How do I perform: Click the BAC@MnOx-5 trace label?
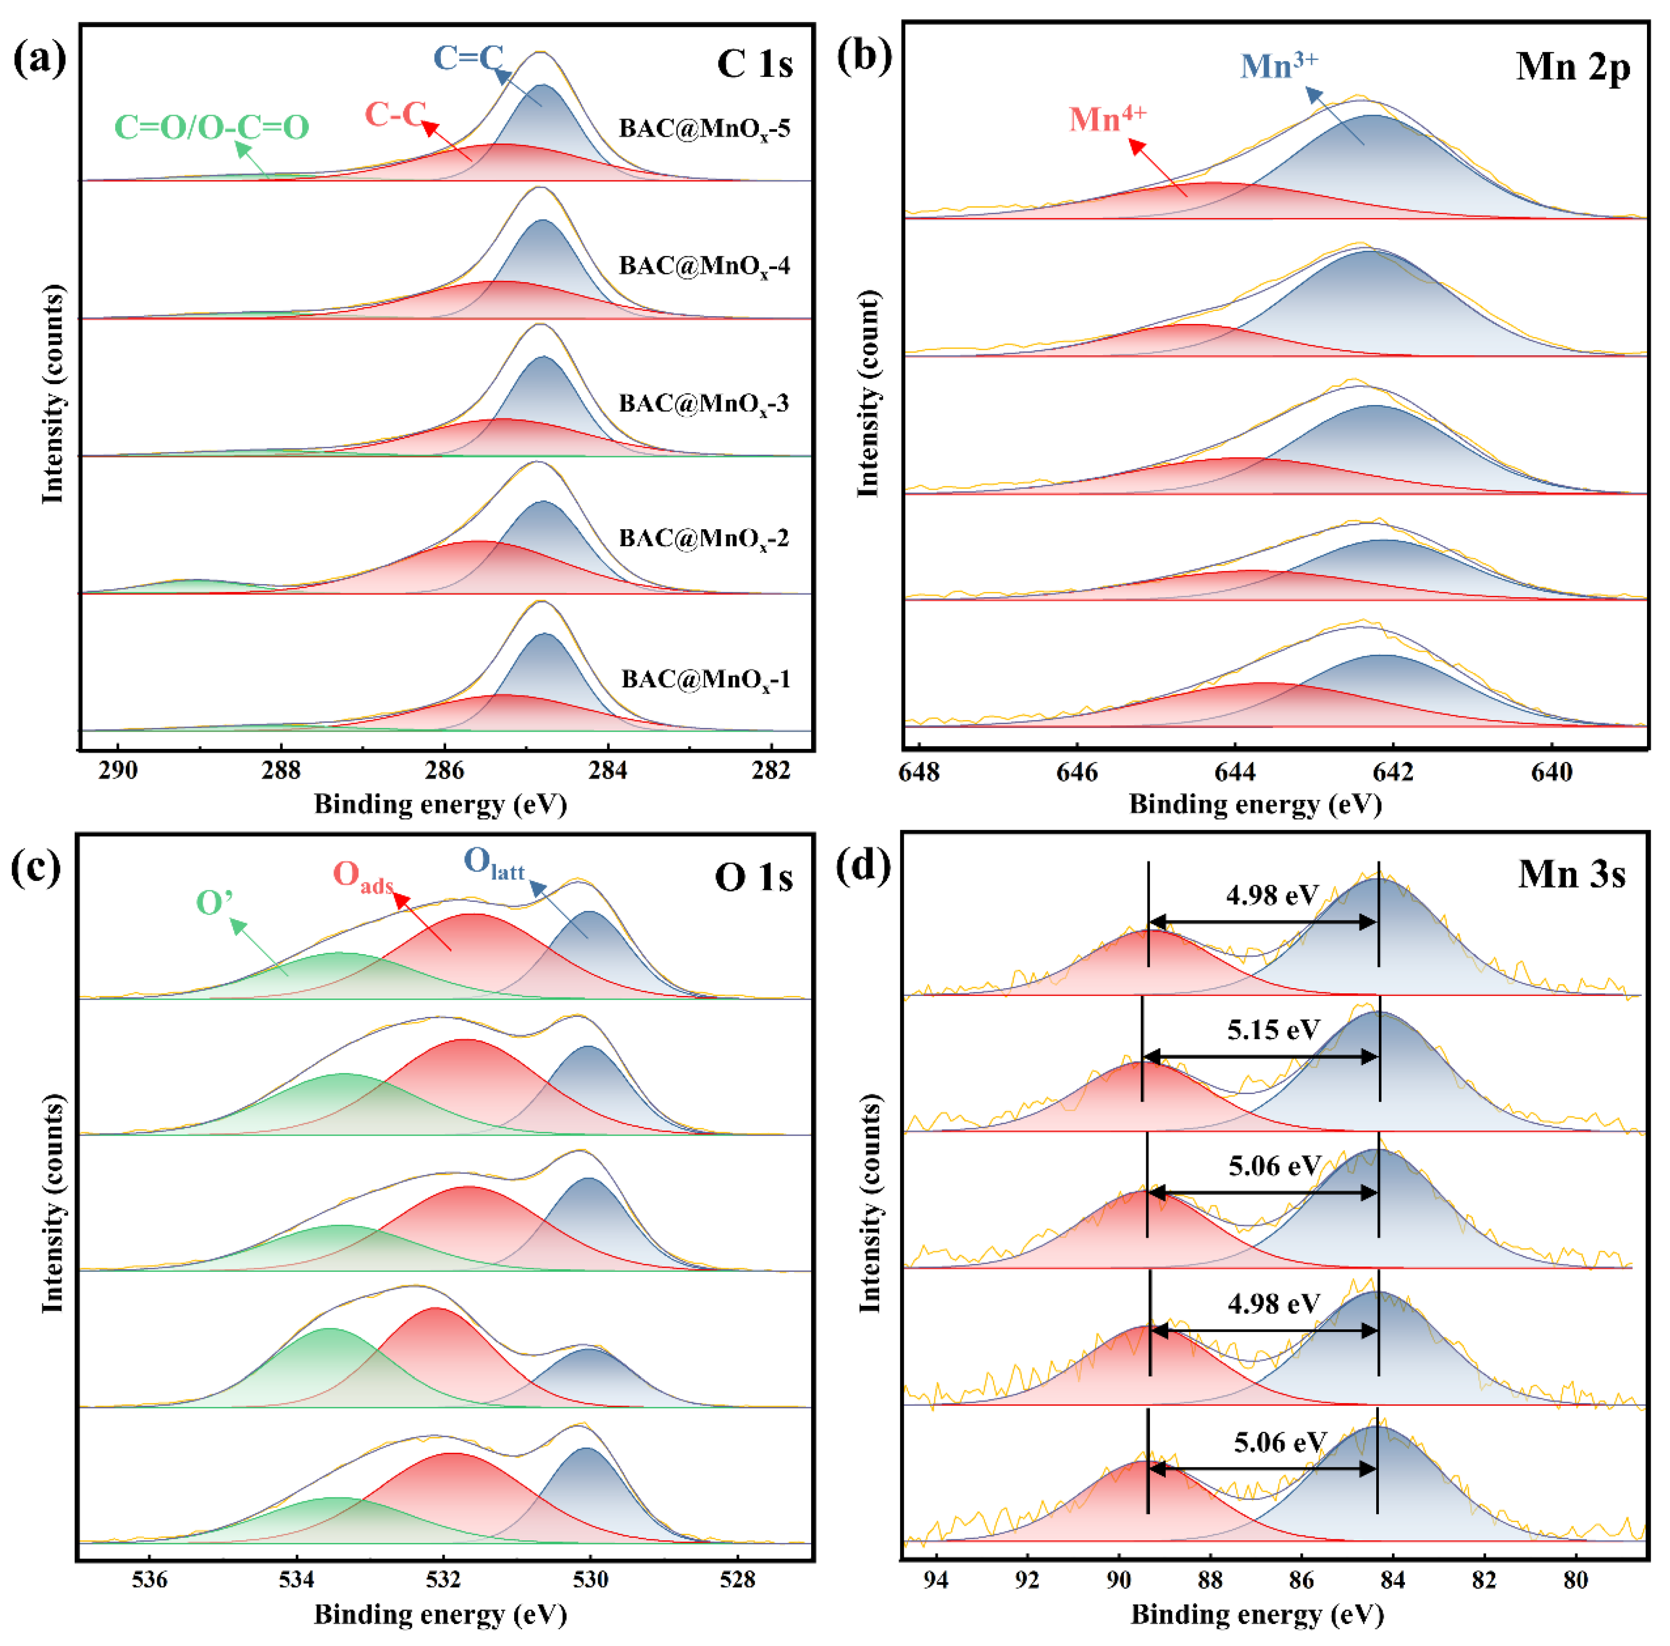click(704, 129)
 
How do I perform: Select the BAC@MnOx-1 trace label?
click(705, 679)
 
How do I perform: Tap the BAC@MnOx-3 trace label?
click(704, 404)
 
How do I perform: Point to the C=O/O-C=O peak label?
click(212, 127)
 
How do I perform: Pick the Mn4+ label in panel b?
click(1107, 118)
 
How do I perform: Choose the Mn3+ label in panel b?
click(1278, 65)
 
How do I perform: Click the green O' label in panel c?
click(214, 903)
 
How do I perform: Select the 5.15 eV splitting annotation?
click(1273, 1030)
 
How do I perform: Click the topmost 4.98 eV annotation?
click(1271, 894)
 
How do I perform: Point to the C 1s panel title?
click(755, 64)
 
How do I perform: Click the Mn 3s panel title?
click(1572, 875)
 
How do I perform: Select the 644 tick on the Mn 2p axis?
click(1234, 771)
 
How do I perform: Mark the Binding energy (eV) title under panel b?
click(1255, 804)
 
